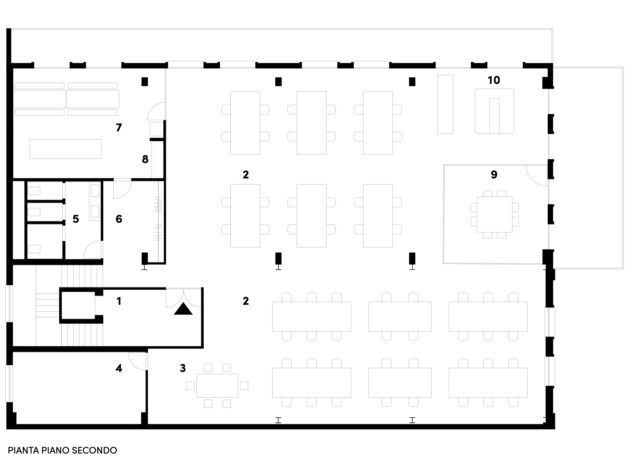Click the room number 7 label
[x=119, y=128]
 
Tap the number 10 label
[x=494, y=80]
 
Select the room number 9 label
[x=494, y=174]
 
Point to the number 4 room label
[x=119, y=368]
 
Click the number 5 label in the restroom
[x=76, y=219]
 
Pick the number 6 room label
[x=119, y=219]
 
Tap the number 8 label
[x=145, y=159]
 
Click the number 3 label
[x=183, y=368]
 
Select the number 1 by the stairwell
[x=119, y=301]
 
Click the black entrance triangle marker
[x=183, y=309]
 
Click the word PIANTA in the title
[x=23, y=450]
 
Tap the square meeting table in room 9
[x=494, y=214]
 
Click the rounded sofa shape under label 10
[x=494, y=111]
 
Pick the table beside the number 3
[x=217, y=386]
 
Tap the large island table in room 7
[x=65, y=149]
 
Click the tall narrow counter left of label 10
[x=445, y=104]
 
